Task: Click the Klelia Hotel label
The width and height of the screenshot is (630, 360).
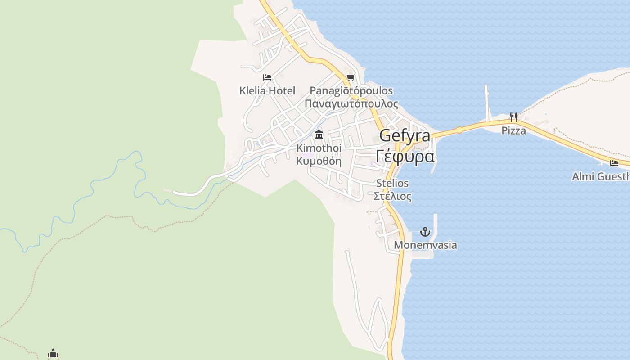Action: click(x=267, y=91)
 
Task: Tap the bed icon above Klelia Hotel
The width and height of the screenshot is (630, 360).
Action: click(x=267, y=77)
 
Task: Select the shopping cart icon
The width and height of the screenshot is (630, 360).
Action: click(x=351, y=77)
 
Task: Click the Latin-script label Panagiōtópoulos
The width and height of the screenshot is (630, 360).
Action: click(x=351, y=91)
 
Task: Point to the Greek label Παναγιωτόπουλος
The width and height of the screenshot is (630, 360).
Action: click(x=351, y=104)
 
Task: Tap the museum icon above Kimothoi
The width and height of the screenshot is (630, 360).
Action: click(x=319, y=135)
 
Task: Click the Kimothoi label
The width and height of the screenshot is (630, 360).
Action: click(x=319, y=148)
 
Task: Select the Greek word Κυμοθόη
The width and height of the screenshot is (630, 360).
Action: click(x=319, y=161)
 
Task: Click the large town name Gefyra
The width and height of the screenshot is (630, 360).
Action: click(x=405, y=135)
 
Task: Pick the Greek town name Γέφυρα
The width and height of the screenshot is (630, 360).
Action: click(x=405, y=156)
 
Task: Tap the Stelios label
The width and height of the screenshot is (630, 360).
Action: click(x=392, y=183)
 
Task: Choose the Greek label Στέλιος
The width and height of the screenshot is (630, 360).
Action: click(x=392, y=196)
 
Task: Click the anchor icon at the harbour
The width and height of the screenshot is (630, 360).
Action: click(x=425, y=232)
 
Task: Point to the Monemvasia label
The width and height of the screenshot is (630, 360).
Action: click(x=425, y=245)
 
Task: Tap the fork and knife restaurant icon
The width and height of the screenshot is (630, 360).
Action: click(x=513, y=117)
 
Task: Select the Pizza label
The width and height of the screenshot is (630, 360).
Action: click(x=514, y=131)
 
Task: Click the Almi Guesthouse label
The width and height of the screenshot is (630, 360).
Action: click(x=601, y=176)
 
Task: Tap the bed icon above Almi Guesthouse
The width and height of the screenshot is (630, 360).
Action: click(x=614, y=163)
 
